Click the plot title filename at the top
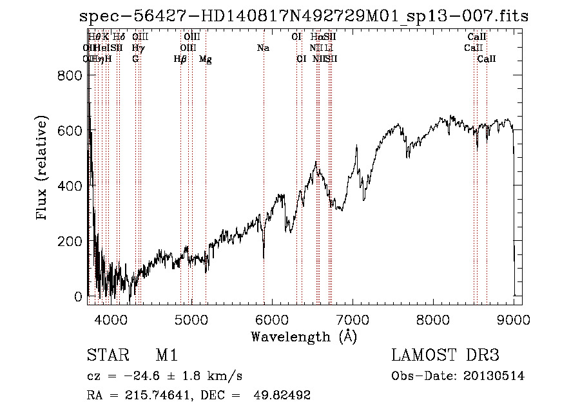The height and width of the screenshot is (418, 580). pos(304,16)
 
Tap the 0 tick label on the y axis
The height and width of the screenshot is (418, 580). pos(78,297)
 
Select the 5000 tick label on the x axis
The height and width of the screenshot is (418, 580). pos(191,319)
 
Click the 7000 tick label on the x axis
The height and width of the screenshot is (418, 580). pos(353,319)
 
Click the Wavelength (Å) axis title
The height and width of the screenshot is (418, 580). pos(304,336)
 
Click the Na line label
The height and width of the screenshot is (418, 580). pos(263,48)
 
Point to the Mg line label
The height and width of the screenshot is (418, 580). pos(205,59)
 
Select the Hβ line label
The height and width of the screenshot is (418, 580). pos(180,59)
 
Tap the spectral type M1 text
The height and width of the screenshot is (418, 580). pos(166,356)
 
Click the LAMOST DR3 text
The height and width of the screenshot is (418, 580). pos(445,356)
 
